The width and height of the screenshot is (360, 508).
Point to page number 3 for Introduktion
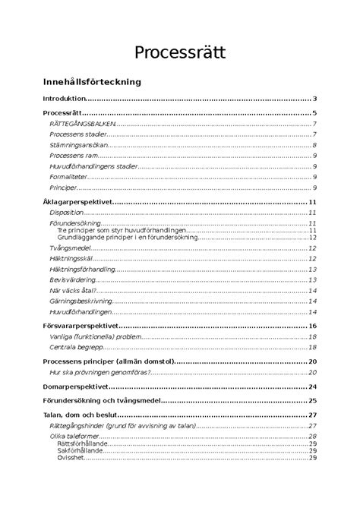314,99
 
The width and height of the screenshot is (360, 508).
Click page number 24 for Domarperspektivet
312,386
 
